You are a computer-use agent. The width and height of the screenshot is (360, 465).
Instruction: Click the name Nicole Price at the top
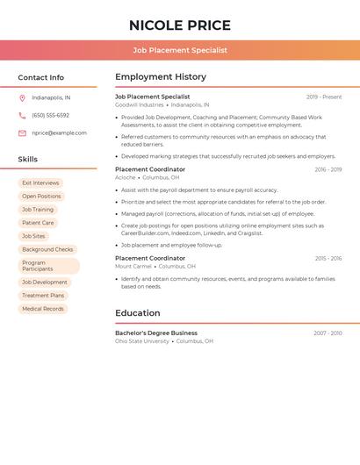tap(180, 25)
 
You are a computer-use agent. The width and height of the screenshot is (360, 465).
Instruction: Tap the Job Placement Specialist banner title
tap(180, 50)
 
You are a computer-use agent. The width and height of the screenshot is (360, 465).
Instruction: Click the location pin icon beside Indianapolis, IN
tap(22, 98)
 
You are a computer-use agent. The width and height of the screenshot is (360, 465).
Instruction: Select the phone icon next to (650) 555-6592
tap(22, 116)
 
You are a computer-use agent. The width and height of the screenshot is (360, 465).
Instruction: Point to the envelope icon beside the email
tap(22, 133)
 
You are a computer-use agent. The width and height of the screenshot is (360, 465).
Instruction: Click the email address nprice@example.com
tap(60, 133)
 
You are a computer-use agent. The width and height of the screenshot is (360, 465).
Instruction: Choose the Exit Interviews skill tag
tap(40, 183)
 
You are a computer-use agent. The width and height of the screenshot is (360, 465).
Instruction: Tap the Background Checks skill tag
tap(47, 249)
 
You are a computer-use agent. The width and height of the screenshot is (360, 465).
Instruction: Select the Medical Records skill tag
tap(43, 309)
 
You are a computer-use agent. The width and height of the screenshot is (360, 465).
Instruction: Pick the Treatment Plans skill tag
tap(43, 296)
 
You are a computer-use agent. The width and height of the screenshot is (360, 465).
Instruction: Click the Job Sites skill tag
tap(33, 236)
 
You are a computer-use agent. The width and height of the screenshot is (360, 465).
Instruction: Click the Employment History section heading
tap(161, 77)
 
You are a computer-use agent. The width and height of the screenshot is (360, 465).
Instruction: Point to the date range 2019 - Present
tap(324, 97)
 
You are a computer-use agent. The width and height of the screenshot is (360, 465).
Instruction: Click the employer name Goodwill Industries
tap(140, 104)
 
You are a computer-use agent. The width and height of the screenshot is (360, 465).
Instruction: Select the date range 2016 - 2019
tap(328, 169)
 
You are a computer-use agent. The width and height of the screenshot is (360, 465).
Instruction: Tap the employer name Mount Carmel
tap(133, 266)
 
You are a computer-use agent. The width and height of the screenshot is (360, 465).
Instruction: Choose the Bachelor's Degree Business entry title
tap(156, 333)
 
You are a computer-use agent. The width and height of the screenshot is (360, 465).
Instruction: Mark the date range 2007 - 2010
tap(328, 333)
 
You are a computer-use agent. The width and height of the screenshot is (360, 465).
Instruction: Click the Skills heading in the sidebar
tap(28, 160)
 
